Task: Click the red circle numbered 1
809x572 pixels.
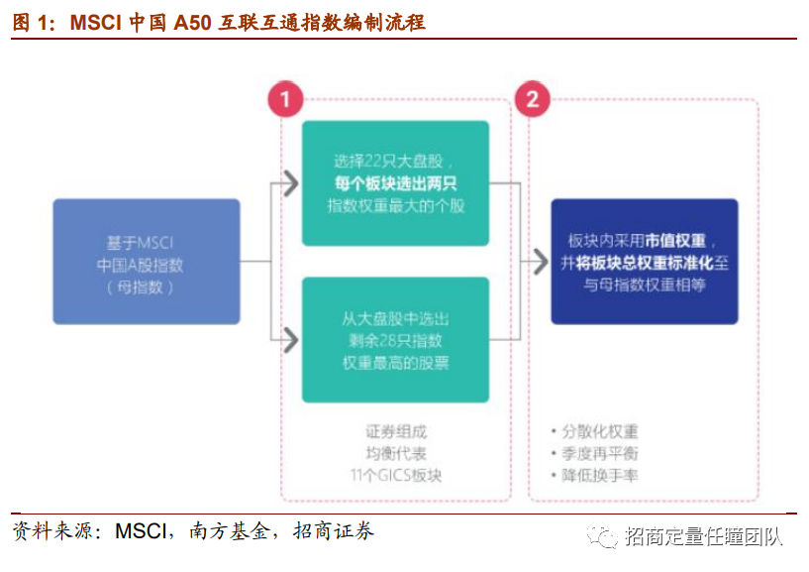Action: click(285, 99)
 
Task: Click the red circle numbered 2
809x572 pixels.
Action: click(532, 99)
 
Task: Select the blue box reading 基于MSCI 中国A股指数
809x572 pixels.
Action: click(147, 262)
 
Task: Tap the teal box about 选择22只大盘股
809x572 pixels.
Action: click(395, 183)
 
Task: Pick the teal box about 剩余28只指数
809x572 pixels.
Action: click(395, 340)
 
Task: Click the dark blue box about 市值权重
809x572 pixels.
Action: click(644, 262)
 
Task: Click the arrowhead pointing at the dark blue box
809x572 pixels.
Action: click(539, 262)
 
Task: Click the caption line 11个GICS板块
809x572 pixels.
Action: click(395, 476)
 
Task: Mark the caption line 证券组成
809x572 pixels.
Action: click(395, 432)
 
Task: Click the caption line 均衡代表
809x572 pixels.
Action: click(395, 454)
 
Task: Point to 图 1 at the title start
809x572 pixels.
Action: click(30, 22)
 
